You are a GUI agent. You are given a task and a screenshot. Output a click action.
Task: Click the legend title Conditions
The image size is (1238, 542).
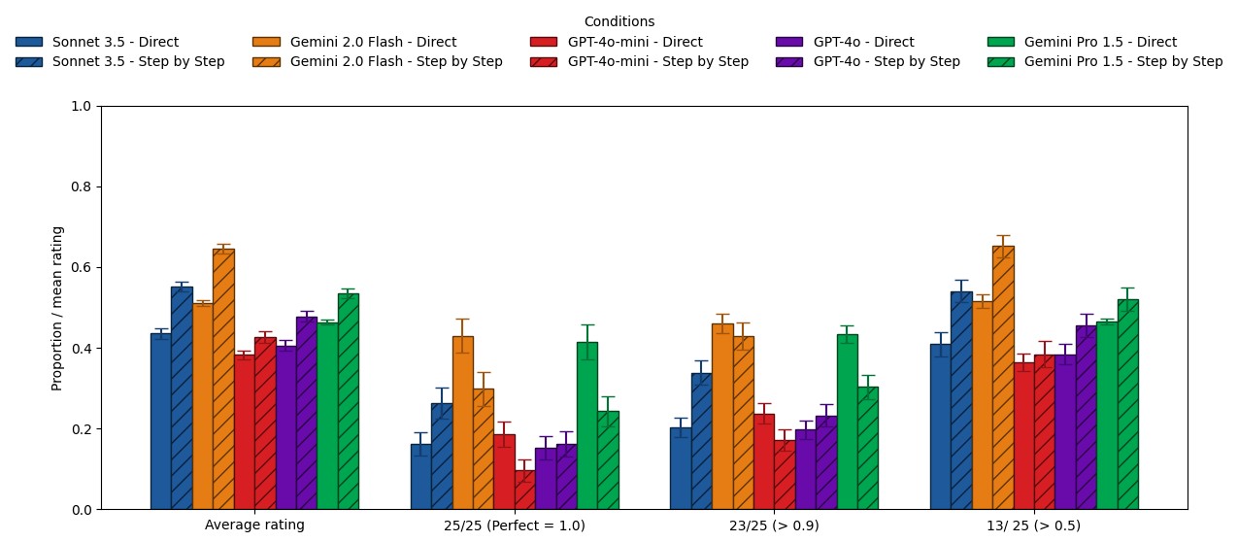pyautogui.click(x=619, y=21)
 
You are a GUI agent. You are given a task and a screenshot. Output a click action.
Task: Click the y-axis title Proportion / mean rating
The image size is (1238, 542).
pyautogui.click(x=57, y=308)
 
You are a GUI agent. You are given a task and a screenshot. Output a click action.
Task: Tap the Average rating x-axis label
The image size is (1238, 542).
pyautogui.click(x=254, y=525)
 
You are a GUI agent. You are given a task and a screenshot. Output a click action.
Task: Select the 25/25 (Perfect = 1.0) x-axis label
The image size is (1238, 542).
pyautogui.click(x=514, y=525)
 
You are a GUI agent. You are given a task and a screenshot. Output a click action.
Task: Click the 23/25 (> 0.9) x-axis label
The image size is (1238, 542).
pyautogui.click(x=774, y=525)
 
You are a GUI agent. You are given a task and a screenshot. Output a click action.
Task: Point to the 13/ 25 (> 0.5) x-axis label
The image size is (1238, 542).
pyautogui.click(x=1034, y=525)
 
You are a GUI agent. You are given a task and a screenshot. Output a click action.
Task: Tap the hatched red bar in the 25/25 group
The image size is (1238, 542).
pyautogui.click(x=524, y=490)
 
